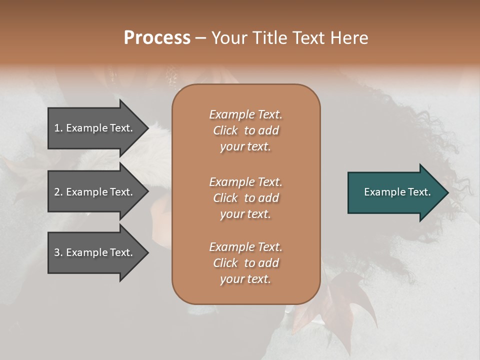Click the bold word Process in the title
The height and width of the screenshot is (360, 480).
click(157, 38)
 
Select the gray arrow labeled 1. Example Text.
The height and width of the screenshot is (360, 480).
click(95, 128)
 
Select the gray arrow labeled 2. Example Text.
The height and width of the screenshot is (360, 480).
click(95, 192)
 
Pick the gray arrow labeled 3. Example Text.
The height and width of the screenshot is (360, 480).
click(95, 252)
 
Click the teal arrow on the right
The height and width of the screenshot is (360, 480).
click(395, 192)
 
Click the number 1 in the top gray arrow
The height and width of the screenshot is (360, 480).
click(57, 128)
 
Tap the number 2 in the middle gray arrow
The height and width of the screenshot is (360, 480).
click(57, 192)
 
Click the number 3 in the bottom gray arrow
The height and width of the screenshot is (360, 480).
click(57, 252)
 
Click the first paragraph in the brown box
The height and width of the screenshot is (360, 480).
click(246, 130)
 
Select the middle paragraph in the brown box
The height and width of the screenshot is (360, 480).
click(246, 198)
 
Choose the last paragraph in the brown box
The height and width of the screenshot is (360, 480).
click(246, 263)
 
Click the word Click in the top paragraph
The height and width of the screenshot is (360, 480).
click(225, 130)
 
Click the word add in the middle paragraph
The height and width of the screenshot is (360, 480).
click(268, 198)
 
